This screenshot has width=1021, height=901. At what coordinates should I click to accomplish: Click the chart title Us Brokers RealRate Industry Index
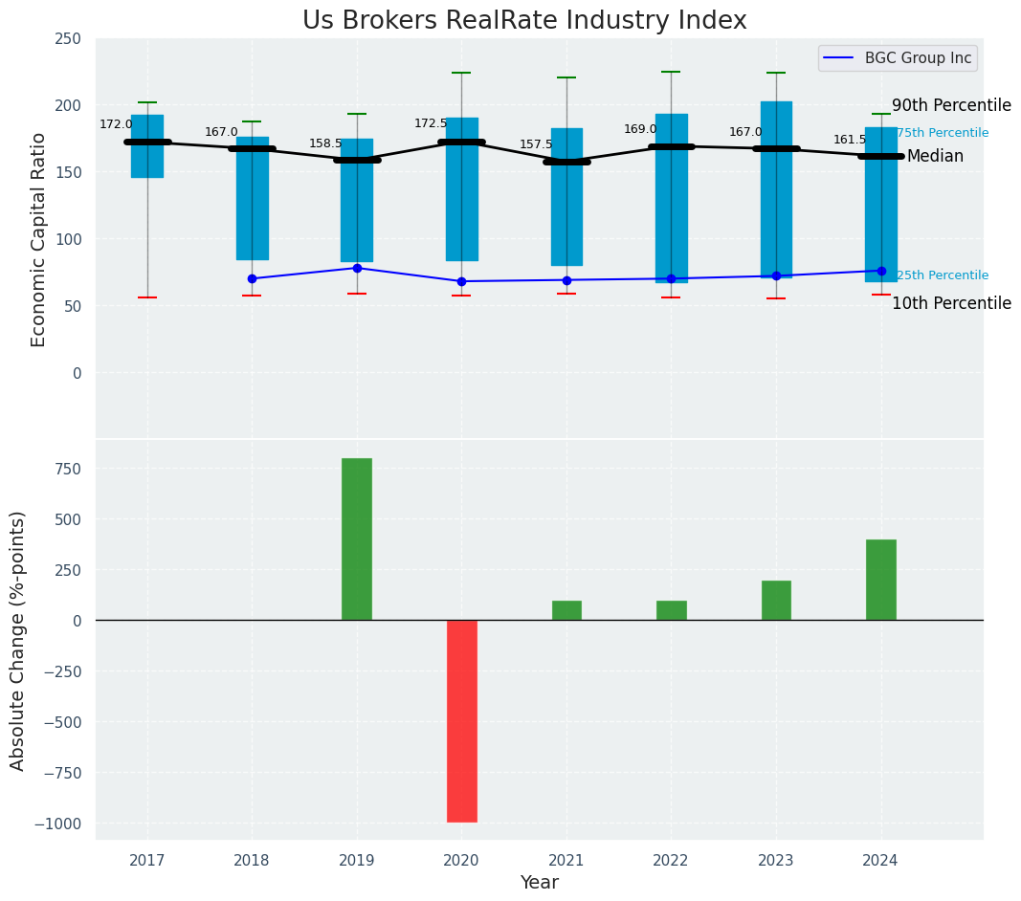point(524,21)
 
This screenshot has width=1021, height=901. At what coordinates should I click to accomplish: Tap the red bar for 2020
point(461,720)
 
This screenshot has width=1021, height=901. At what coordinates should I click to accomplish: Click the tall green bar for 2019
point(357,538)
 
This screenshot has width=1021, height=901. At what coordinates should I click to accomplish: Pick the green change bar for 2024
point(880,580)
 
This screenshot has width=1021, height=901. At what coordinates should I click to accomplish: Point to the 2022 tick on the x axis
point(671,861)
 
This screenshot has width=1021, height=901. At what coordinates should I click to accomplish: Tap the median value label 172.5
point(431,123)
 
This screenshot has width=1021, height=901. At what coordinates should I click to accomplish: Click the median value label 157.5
point(536,144)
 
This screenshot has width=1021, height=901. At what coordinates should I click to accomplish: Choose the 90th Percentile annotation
point(951,105)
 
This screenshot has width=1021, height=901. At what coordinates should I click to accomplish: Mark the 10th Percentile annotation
point(951,303)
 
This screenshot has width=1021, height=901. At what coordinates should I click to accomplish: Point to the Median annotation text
point(935,156)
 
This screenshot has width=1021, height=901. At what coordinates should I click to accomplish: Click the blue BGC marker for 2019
point(357,268)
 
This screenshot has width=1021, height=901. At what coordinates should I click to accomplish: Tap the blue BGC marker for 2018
point(252,278)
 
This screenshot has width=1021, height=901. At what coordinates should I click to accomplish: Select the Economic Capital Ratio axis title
point(39,239)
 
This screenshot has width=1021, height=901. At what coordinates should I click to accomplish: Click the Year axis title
point(539,883)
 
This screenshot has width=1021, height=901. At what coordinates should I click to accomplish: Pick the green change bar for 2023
point(776,600)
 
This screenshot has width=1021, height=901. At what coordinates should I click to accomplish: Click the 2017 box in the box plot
point(147,146)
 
